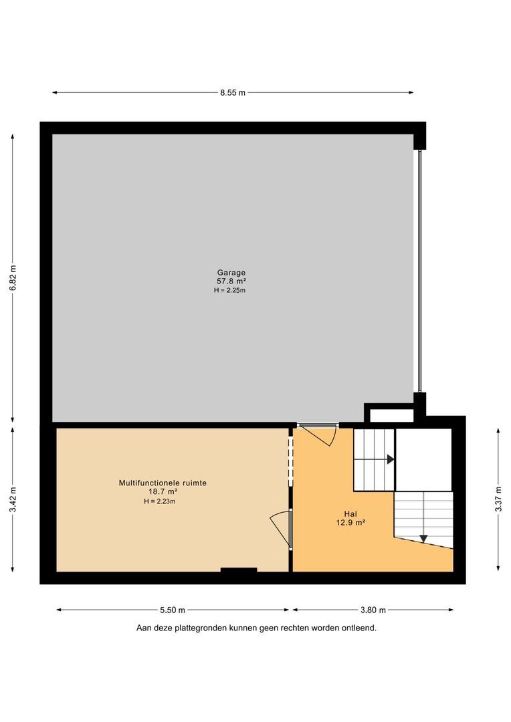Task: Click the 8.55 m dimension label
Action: point(233,93)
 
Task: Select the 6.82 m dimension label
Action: point(13,277)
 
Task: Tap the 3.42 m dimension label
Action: point(13,499)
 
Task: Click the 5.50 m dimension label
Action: point(173,610)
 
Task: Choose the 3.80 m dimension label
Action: point(373,610)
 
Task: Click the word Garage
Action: point(231,272)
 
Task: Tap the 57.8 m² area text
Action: point(231,281)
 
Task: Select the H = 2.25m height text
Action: point(231,290)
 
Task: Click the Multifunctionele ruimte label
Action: point(158,483)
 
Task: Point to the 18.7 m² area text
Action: point(158,492)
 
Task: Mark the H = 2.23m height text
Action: point(158,501)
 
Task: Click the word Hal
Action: point(350,515)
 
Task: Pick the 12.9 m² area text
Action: point(350,523)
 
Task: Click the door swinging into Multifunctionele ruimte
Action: point(282,528)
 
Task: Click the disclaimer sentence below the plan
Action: point(256,628)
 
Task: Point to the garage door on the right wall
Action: point(419,271)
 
